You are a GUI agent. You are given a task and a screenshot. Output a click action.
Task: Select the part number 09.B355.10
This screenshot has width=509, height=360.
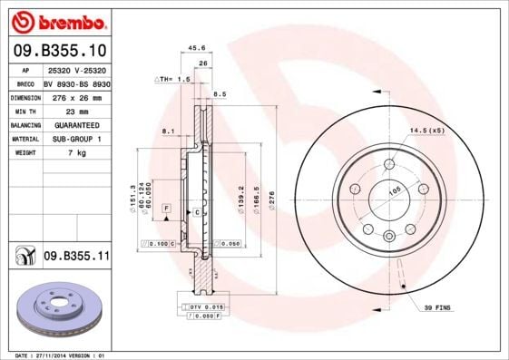60,51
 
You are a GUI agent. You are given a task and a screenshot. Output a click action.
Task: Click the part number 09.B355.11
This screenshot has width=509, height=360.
76,257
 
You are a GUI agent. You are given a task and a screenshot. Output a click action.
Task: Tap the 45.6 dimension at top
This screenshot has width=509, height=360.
194,47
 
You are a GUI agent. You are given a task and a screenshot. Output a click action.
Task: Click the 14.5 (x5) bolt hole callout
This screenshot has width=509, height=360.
427,131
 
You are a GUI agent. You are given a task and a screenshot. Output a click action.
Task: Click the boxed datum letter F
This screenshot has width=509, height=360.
167,209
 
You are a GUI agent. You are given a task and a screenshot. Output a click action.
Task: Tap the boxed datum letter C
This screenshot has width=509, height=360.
196,211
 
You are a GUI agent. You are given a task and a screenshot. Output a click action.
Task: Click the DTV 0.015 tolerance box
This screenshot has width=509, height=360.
206,307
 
